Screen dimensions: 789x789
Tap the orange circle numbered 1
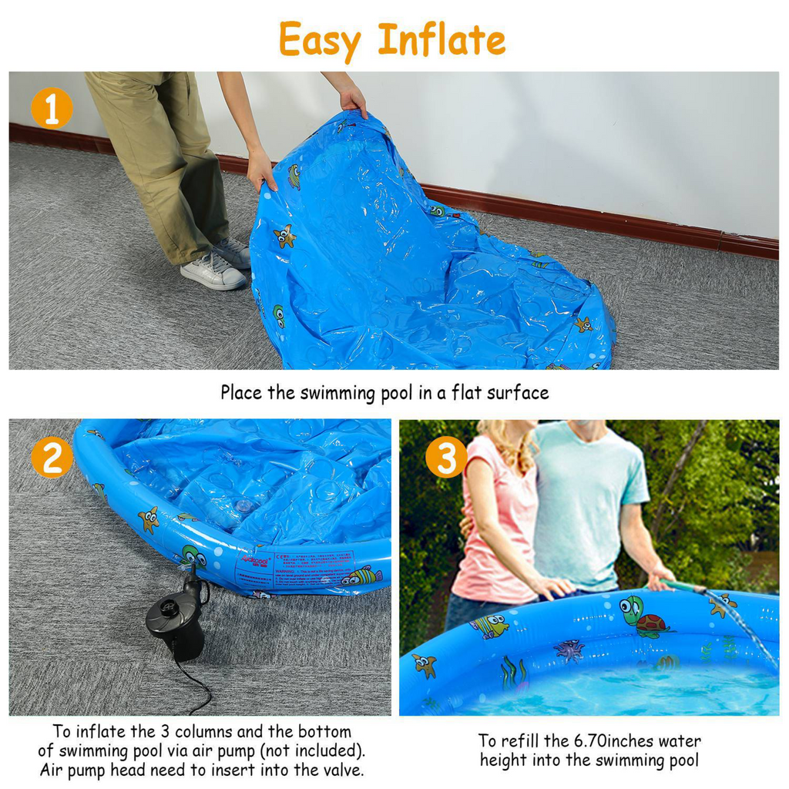pos(52,109)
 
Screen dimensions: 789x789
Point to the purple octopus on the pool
pos(569,650)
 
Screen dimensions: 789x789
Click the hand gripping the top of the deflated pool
pos(353,100)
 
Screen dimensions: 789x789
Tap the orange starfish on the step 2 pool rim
pos(148,519)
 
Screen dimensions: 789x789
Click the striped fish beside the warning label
pos(363,576)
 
